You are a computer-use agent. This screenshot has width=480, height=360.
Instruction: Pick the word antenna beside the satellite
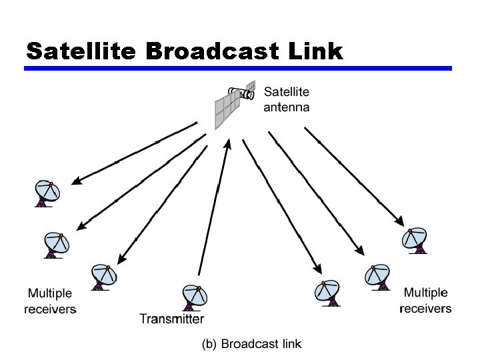point(287,107)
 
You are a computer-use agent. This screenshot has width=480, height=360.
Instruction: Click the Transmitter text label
point(171,319)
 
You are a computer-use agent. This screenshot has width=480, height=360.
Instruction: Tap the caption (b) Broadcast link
point(252,344)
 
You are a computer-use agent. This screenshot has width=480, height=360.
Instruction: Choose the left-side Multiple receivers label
point(50,301)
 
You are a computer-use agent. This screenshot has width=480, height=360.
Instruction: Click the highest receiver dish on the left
point(47,193)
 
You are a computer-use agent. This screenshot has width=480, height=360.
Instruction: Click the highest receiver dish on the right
point(415,239)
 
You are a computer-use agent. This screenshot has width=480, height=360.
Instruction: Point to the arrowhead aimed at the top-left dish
point(75,181)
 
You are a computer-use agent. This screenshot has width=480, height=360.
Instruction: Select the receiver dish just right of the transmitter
point(328,291)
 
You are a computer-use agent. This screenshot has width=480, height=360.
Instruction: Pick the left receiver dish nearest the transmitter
point(103,275)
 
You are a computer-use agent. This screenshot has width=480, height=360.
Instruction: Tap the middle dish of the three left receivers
point(57,243)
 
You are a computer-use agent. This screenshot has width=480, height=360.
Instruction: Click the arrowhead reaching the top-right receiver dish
point(401,223)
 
